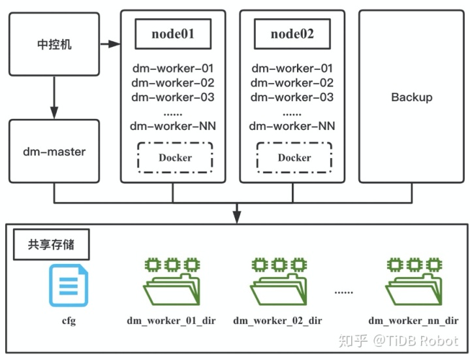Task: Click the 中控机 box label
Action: point(54,44)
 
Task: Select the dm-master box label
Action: point(54,152)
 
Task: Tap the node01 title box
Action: point(173,34)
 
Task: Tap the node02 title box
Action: point(292,34)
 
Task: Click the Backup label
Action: point(412,97)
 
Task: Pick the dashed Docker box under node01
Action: point(175,157)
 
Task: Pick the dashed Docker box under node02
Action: point(294,157)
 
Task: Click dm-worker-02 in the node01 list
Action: point(173,83)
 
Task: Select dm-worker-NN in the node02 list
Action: point(292,126)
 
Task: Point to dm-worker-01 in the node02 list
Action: point(292,69)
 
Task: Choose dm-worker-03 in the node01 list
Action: point(173,97)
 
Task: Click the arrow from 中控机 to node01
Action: point(110,44)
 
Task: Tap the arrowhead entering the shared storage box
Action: point(237,217)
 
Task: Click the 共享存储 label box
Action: point(52,244)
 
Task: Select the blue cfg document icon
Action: point(69,286)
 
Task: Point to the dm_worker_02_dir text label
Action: point(277,321)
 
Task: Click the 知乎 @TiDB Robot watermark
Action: point(398,341)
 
